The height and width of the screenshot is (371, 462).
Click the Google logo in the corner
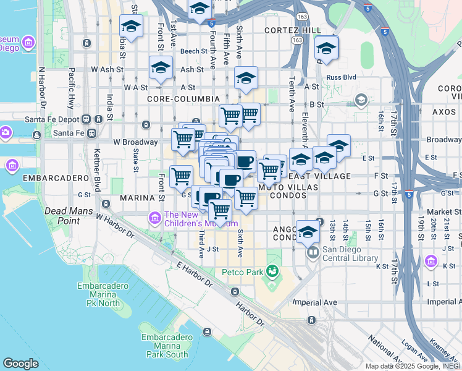tap(20, 364)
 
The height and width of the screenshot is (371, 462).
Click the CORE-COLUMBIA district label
tap(183, 99)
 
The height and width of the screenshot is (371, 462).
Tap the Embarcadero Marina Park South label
tap(164, 346)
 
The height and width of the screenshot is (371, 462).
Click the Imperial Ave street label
tap(314, 302)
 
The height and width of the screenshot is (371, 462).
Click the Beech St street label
tap(193, 51)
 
